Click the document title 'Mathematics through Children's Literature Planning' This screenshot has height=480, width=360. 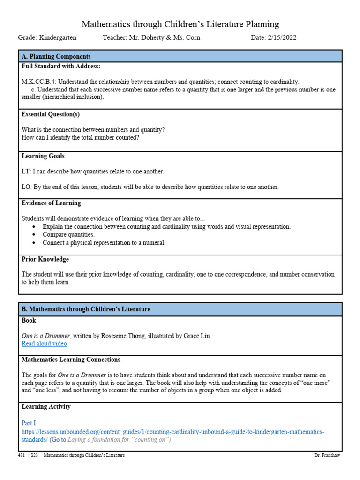pos(180,24)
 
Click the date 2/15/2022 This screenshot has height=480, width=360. pos(280,37)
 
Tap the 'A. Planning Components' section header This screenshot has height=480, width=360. pos(56,57)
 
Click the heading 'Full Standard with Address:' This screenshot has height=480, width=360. pos(61,67)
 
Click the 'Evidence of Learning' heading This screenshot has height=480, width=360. pos(51,203)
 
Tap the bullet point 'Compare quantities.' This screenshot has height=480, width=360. pos(68,234)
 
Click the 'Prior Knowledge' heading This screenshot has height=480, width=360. pos(45,259)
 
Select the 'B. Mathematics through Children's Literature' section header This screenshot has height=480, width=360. pos(86,309)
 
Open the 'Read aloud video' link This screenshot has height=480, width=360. pos(44,344)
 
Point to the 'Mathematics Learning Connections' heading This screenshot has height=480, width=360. pos(71,360)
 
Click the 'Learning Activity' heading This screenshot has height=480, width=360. pos(46,406)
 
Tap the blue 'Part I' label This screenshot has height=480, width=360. pos(29,423)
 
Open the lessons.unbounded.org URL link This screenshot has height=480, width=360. pos(173,432)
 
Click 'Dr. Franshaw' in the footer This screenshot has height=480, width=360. pos(327,456)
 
